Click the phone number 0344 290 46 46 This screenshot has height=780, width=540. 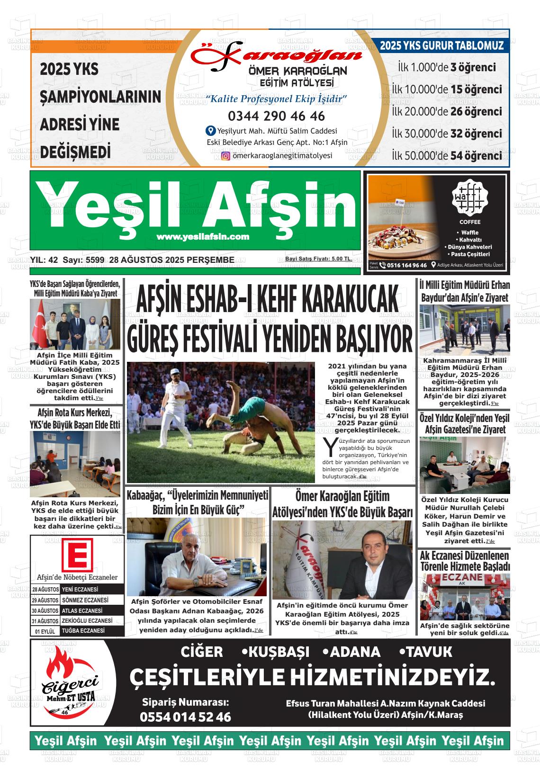click(x=276, y=116)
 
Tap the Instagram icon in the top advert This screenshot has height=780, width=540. click(x=226, y=156)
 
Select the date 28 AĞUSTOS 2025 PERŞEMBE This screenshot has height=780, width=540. click(x=171, y=260)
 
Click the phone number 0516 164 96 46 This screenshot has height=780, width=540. click(x=406, y=265)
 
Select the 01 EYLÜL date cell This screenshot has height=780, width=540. click(x=45, y=631)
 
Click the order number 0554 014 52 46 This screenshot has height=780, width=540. click(x=185, y=717)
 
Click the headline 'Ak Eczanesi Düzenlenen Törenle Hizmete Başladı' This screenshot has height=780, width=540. click(x=465, y=561)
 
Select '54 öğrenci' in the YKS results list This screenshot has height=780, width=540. click(x=476, y=156)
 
